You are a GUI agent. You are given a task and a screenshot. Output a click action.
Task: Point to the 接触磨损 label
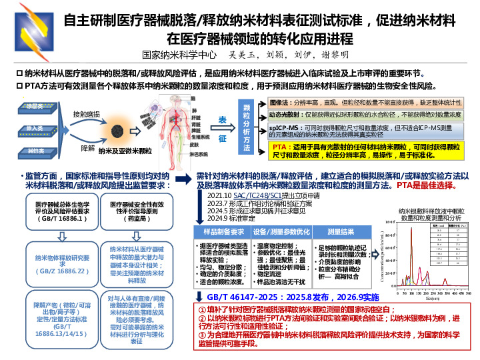click(86, 115)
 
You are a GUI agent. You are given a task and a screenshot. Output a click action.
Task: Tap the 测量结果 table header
click(343, 231)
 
